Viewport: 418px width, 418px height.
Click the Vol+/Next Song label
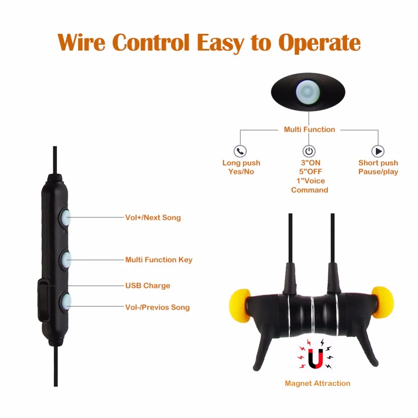tap(153, 217)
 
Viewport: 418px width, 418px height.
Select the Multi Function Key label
tap(159, 260)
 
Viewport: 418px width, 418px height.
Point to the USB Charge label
tap(148, 285)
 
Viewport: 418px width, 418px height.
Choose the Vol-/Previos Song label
tap(157, 307)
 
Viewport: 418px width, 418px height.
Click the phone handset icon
tap(240, 151)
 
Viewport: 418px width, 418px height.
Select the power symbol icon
tap(309, 151)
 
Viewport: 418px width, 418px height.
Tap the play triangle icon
tap(377, 151)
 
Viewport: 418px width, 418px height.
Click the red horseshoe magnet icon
tap(315, 358)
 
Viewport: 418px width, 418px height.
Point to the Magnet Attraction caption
tap(318, 383)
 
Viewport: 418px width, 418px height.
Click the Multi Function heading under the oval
tap(309, 130)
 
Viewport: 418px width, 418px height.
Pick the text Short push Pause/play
tap(378, 167)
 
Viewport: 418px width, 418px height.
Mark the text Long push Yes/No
tap(241, 167)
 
